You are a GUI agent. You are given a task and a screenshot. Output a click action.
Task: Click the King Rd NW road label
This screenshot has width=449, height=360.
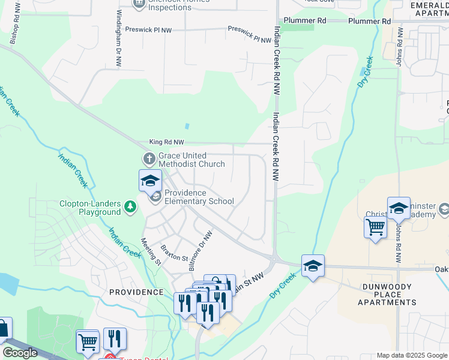(x=167, y=143)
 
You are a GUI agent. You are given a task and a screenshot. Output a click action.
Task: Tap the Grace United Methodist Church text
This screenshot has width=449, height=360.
(x=191, y=160)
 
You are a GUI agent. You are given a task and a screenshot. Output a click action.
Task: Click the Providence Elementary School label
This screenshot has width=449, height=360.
(x=199, y=197)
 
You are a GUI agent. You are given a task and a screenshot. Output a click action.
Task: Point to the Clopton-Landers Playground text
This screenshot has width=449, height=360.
(x=90, y=208)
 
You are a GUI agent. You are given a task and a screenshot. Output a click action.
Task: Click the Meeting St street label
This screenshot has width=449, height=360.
(x=151, y=251)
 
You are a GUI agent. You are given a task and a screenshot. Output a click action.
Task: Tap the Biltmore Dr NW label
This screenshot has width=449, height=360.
(x=200, y=246)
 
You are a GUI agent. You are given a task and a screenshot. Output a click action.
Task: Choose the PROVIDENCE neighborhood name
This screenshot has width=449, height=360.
(x=136, y=292)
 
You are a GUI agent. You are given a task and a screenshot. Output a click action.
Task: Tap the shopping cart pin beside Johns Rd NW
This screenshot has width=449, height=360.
(x=375, y=227)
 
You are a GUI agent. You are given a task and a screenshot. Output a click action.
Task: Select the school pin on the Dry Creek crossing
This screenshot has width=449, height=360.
(x=313, y=266)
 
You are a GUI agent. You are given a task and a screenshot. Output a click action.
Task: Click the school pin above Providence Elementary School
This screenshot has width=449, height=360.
(x=150, y=181)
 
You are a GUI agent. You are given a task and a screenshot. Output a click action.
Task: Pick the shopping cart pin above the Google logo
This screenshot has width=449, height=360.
(x=88, y=341)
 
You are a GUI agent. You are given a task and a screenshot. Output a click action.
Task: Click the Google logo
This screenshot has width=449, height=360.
(x=20, y=353)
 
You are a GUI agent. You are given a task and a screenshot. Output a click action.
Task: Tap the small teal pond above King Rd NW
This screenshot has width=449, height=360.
(x=187, y=127)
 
